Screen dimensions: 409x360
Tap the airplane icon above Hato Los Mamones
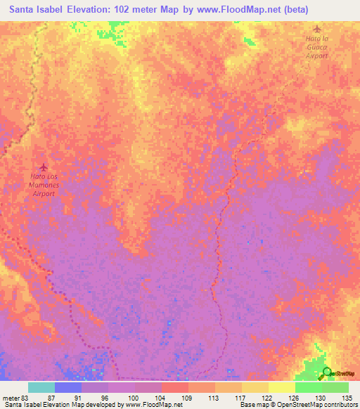pyautogui.click(x=44, y=167)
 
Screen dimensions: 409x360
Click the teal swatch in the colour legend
pyautogui.click(x=41, y=387)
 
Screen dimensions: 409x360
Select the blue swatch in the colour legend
pyautogui.click(x=67, y=387)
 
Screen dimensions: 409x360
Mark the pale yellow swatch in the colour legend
pyautogui.click(x=281, y=387)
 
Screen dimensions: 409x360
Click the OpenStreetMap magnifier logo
pyautogui.click(x=326, y=374)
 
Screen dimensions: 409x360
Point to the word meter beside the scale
pyautogui.click(x=11, y=398)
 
